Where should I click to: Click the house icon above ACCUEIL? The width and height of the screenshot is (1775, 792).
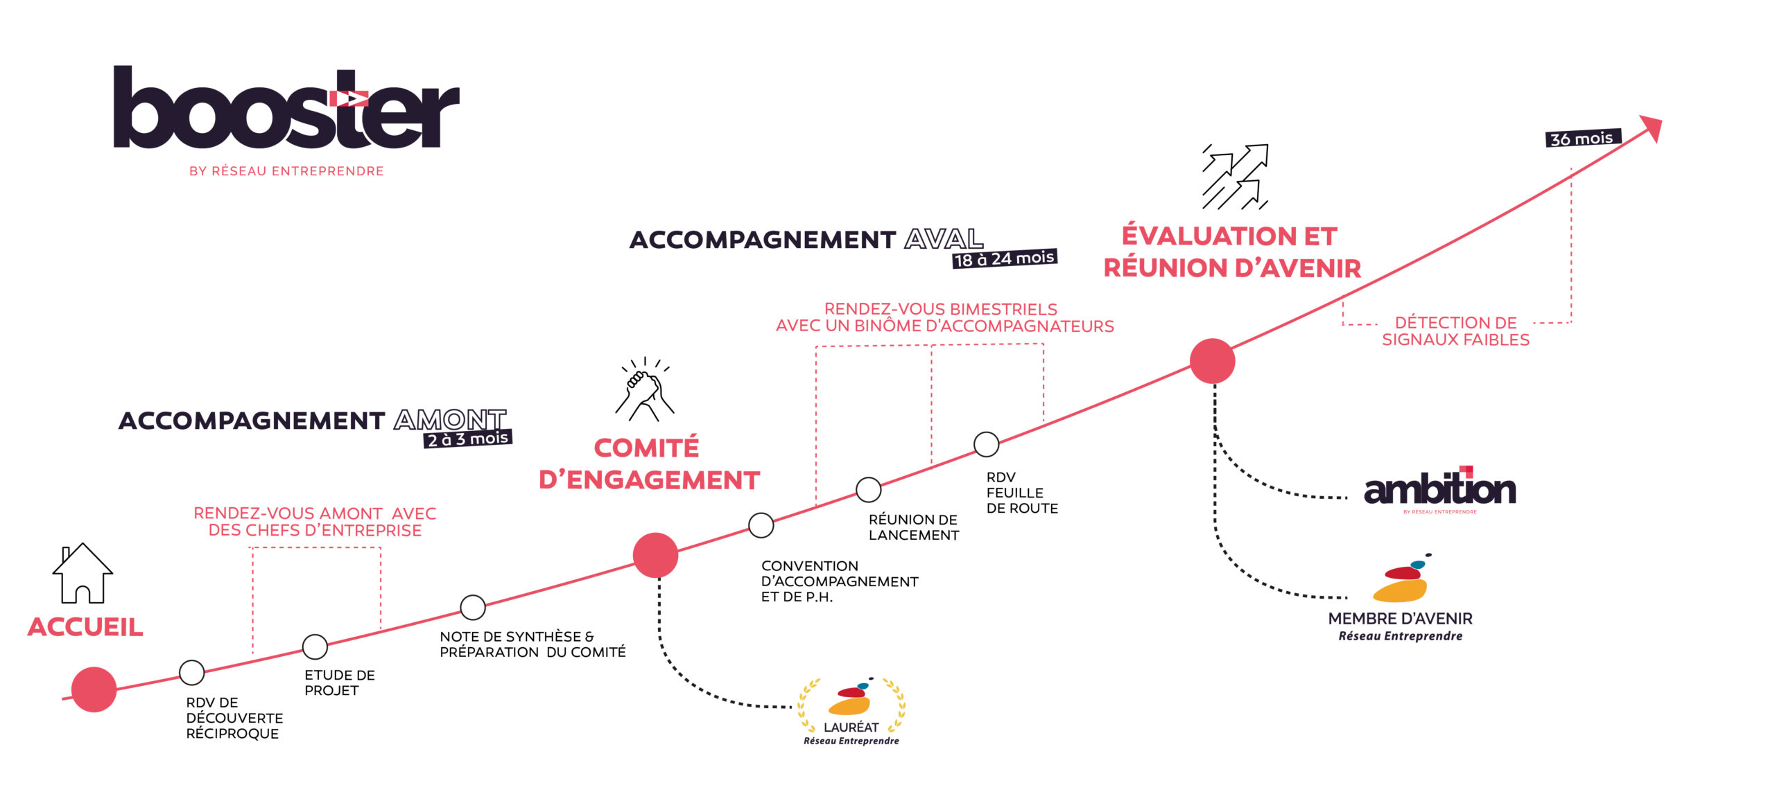click(83, 573)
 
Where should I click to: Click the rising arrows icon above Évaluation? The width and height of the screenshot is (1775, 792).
click(1235, 177)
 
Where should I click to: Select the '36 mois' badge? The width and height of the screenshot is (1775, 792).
click(1583, 138)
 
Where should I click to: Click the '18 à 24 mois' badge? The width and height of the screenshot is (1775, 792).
click(1004, 258)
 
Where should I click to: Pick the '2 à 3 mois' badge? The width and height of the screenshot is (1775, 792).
click(467, 439)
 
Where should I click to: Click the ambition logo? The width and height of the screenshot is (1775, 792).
click(1439, 489)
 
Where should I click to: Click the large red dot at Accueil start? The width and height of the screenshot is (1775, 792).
click(94, 689)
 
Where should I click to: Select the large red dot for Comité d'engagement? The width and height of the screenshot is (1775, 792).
click(655, 555)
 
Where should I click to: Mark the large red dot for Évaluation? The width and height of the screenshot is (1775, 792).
click(1212, 361)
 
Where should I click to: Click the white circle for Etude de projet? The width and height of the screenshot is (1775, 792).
click(315, 646)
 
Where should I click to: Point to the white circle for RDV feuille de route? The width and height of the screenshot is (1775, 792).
click(986, 444)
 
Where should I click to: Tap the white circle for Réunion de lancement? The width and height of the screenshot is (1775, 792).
click(868, 490)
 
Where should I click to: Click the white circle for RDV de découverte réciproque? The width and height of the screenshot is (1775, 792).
click(191, 672)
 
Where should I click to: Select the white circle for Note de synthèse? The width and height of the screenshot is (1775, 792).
click(473, 608)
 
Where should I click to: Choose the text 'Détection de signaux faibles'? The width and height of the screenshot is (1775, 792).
click(1455, 331)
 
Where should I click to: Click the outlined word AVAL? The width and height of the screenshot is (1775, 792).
click(944, 239)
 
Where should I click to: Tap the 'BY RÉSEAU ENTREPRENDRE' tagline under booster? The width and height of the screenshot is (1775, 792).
click(286, 171)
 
